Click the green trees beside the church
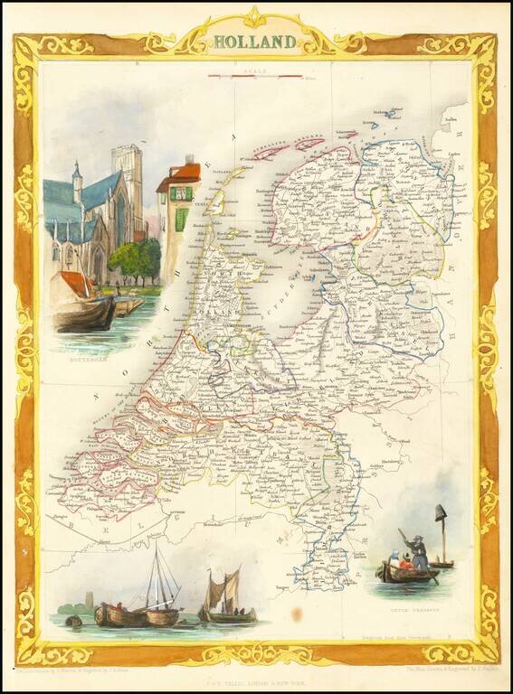point(135,258)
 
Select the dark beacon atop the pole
point(442,513)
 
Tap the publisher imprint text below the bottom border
point(256,673)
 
